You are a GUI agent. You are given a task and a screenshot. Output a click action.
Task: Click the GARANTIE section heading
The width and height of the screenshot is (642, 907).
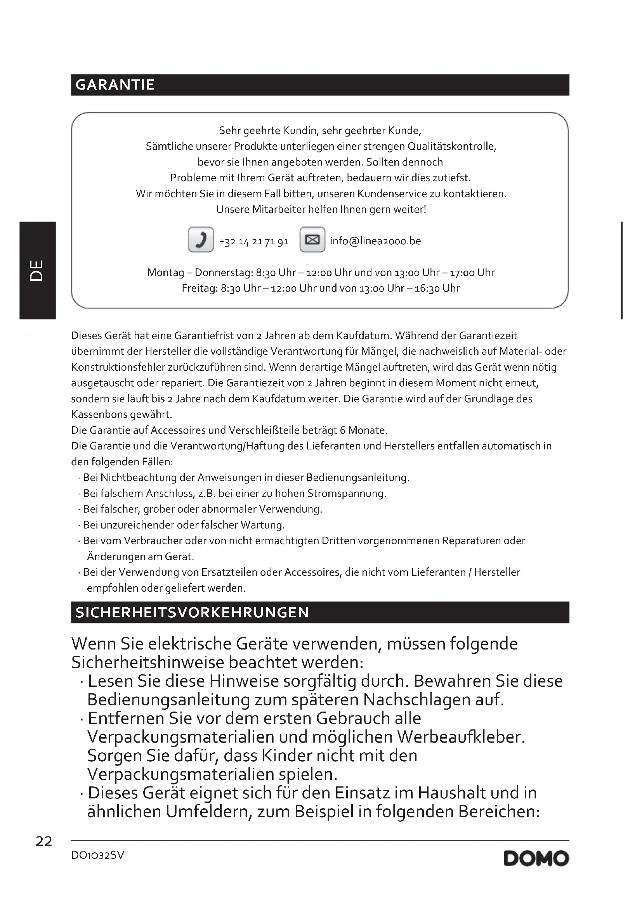point(115,85)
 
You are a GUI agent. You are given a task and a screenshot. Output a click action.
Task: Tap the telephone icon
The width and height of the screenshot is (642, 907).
point(201,239)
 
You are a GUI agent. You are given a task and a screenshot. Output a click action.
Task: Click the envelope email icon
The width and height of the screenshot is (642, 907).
point(312,239)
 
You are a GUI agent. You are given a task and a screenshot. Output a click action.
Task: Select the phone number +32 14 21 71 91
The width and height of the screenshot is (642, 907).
point(254,241)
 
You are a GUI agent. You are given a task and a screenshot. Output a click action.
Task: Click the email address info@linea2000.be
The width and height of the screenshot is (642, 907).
point(375,241)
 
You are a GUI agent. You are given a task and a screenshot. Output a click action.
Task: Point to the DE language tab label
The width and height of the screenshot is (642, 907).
point(37,270)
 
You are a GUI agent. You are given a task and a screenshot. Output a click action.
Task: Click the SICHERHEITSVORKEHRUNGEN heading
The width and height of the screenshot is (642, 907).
point(192,612)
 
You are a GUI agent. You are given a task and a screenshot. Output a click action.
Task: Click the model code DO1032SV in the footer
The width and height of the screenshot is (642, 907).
point(98,855)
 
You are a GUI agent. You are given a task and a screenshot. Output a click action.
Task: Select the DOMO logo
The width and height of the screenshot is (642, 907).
point(536,859)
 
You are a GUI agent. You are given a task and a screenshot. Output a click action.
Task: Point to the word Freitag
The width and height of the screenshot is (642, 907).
point(199,289)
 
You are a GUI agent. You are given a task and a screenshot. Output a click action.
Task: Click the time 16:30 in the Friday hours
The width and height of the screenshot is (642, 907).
point(427,289)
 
